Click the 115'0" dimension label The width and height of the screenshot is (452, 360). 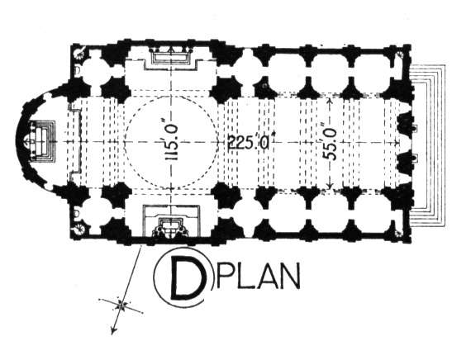click(x=171, y=143)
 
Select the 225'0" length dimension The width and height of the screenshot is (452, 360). click(x=249, y=142)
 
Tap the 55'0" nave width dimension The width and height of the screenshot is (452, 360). click(x=330, y=144)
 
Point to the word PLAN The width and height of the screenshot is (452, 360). click(x=258, y=275)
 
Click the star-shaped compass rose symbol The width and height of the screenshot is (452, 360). click(x=121, y=305)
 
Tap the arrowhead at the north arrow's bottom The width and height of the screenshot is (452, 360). click(x=113, y=330)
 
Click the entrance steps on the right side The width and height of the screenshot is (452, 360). click(x=427, y=146)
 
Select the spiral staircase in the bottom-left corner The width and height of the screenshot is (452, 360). click(x=79, y=230)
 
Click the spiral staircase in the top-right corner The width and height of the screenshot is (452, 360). click(x=400, y=54)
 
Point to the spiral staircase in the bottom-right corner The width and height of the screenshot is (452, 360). click(x=399, y=234)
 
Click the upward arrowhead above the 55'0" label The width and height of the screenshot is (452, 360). click(x=330, y=102)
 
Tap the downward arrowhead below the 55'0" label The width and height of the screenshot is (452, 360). click(x=331, y=185)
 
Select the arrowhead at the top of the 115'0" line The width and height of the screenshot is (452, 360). click(x=171, y=50)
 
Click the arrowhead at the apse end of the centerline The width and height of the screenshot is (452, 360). click(x=26, y=142)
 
